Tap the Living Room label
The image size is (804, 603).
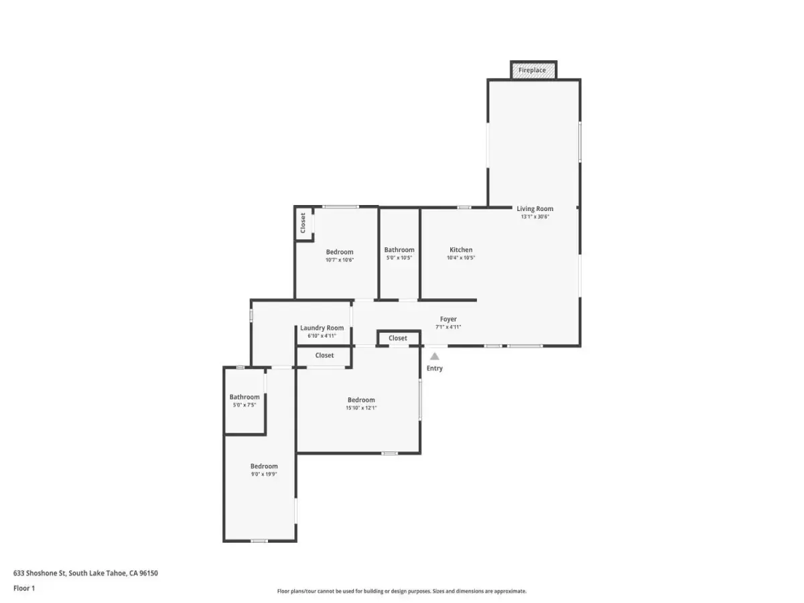535,208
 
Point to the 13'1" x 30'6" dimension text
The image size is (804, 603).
535,216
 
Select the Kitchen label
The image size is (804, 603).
461,250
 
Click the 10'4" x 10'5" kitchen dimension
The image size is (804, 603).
461,258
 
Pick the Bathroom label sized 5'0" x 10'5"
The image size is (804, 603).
399,250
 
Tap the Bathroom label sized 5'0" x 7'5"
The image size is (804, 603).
245,397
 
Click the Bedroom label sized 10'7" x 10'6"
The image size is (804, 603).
340,252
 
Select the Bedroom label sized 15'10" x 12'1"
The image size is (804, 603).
361,400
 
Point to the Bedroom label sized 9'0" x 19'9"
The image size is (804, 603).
264,466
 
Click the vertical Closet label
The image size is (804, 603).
303,223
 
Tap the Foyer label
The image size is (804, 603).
448,320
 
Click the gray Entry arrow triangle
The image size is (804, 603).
434,356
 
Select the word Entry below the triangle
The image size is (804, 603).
434,368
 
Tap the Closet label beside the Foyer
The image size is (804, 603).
398,338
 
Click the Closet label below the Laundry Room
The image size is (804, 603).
324,355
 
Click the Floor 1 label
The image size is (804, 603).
24,588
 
